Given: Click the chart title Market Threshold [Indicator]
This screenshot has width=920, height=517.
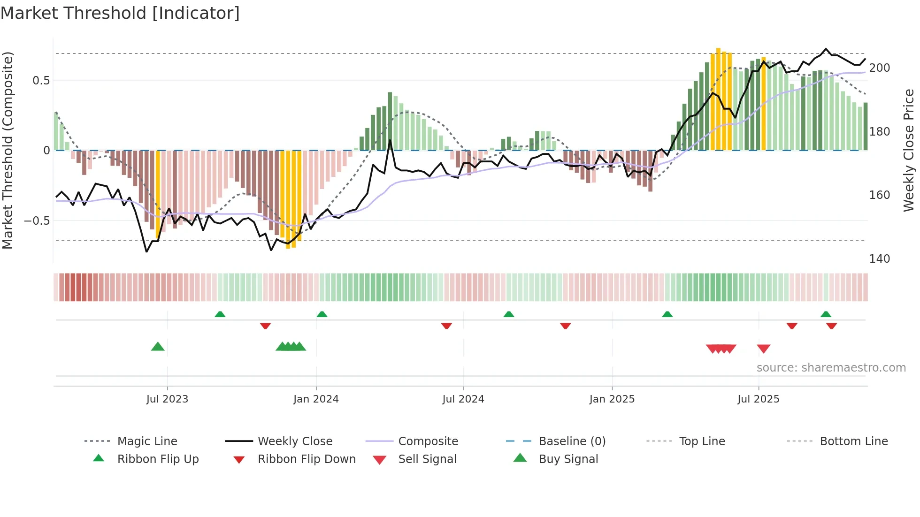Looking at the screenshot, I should [120, 13].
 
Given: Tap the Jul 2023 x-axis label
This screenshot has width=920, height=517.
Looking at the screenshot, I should [167, 399].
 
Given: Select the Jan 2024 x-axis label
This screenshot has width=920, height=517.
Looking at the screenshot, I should [316, 399].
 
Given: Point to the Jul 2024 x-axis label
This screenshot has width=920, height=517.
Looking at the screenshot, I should [463, 399].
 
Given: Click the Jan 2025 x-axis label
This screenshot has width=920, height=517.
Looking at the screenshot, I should [612, 399].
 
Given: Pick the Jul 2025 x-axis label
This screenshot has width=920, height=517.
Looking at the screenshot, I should [758, 399].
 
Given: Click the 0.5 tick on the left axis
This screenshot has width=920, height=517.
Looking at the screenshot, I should [41, 81].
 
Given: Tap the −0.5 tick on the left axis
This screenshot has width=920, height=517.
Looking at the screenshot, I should [37, 221].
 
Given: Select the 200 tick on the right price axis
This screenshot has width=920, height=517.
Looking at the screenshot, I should [879, 68].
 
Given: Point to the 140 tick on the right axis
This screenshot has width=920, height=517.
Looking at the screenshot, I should [879, 259].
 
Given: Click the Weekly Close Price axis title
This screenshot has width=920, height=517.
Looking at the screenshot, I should [909, 150].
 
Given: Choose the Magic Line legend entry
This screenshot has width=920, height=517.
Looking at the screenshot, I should [147, 441].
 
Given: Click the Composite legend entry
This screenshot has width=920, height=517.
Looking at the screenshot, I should [428, 441].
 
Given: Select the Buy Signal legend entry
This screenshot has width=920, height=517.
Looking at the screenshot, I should [568, 459].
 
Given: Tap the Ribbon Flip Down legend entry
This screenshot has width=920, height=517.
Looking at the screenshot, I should [306, 459].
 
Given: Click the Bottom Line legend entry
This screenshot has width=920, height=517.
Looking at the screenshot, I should [853, 441].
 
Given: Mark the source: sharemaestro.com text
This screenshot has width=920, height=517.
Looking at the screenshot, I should [831, 368].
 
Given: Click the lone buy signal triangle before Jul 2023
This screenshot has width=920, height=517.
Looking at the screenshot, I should [158, 347].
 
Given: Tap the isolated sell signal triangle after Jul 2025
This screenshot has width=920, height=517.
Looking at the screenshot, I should [764, 349].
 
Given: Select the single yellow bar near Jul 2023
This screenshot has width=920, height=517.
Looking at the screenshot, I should [158, 195].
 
